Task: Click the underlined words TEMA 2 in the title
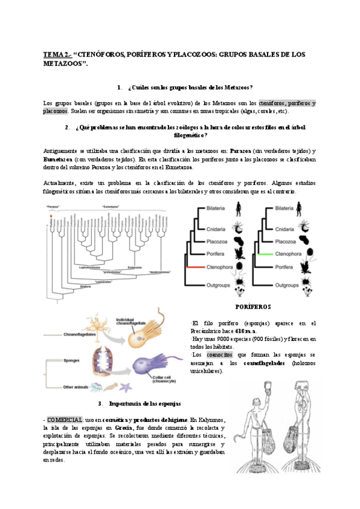pos(55,55)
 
